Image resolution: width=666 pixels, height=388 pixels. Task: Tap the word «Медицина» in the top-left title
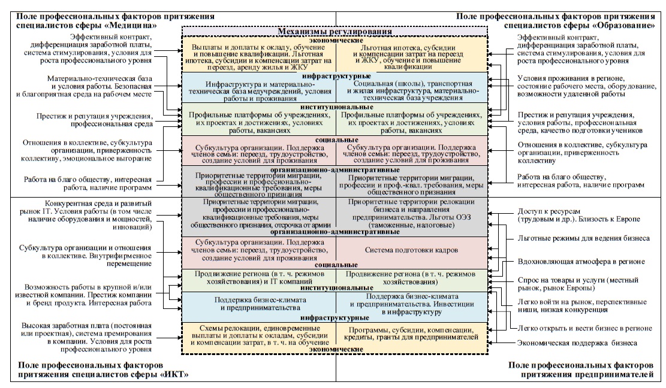point(137,26)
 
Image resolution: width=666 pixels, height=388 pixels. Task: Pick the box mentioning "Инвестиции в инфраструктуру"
point(411,304)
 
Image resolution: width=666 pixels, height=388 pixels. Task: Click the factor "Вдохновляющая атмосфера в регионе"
point(580,262)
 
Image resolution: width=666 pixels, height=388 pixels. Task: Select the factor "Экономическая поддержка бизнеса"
point(577,342)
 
